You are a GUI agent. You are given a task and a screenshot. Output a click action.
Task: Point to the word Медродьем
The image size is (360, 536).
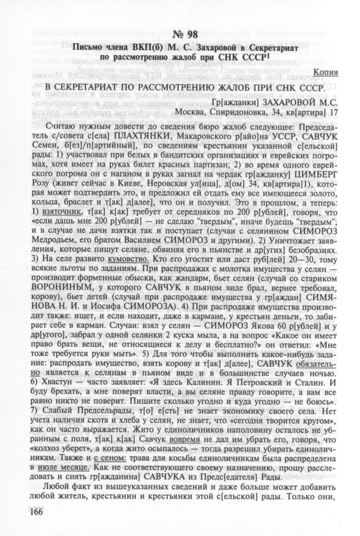[49, 246]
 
